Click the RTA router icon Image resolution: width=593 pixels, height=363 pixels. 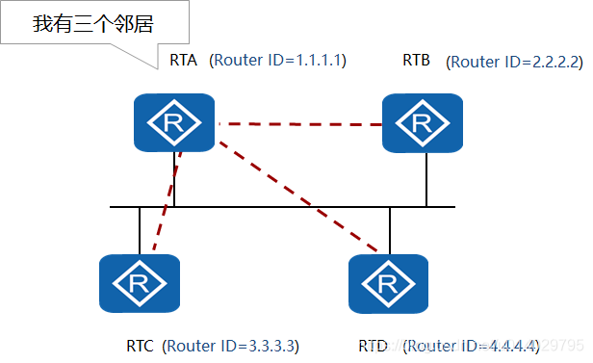tap(174, 122)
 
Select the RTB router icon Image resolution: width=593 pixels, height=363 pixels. tap(421, 122)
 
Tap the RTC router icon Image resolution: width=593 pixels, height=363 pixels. tap(140, 283)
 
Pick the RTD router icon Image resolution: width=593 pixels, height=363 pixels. tap(389, 283)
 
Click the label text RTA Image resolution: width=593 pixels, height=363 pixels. tap(182, 61)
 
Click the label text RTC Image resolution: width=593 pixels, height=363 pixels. tap(142, 344)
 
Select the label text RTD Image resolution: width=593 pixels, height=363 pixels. tap(374, 344)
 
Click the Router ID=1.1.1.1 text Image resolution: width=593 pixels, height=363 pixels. tap(277, 61)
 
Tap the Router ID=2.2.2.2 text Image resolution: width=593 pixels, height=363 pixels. tap(515, 62)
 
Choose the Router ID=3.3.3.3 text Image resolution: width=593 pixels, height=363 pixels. tap(230, 344)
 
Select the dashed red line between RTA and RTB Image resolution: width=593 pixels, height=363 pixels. tap(298, 124)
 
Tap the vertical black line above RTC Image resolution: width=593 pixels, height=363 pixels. tap(140, 231)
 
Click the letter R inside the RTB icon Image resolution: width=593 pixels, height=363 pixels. tap(421, 123)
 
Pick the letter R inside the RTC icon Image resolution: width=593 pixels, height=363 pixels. tap(140, 284)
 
